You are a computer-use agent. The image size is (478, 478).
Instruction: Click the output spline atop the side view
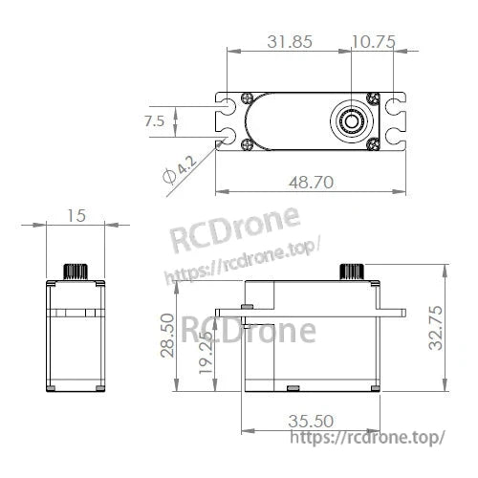tap(352, 270)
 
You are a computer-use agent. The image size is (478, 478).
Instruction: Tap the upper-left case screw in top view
tap(248, 98)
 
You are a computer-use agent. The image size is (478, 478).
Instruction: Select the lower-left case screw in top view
tap(248, 144)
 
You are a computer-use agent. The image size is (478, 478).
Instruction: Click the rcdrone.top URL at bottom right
tap(367, 438)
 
